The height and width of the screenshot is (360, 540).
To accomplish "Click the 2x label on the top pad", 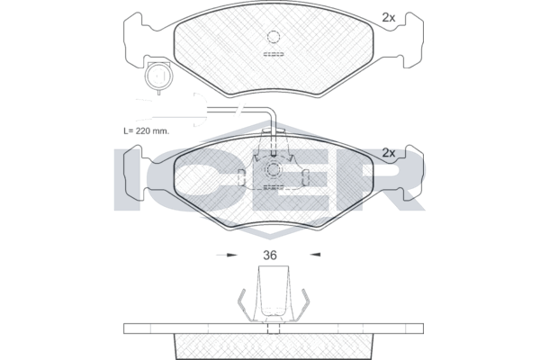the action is point(389,18).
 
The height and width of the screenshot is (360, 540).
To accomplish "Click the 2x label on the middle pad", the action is point(389,153).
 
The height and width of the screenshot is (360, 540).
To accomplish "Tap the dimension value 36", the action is point(270,256).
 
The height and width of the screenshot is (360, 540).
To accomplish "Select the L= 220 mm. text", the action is point(147,130).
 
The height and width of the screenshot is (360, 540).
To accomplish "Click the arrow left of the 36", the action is point(227,256).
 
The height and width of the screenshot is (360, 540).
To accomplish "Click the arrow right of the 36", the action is point(315,255).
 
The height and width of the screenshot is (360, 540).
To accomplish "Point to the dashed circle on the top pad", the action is point(273,37).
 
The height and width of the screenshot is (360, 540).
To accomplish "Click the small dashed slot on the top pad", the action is point(274,54).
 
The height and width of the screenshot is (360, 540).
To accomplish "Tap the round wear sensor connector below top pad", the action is point(158,76).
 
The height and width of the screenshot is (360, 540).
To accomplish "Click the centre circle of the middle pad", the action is point(273,169).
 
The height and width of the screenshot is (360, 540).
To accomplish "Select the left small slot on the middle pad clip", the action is point(241,178).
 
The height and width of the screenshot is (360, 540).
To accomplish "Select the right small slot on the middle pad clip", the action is point(305,178).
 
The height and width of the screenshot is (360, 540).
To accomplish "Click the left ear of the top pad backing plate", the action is point(133,40).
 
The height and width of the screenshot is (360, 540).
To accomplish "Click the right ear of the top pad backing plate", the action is point(413,40).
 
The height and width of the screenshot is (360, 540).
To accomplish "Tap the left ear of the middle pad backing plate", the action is point(133,173).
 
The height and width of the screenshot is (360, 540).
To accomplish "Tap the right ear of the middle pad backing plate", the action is point(413,173).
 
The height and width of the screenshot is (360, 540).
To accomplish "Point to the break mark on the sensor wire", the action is point(239,109).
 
